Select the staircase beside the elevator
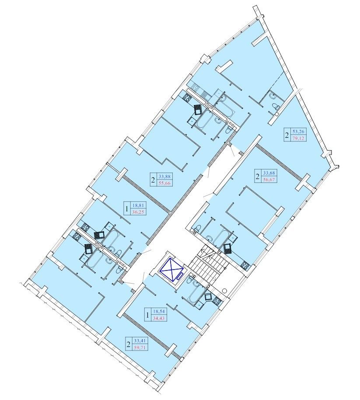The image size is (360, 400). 209,265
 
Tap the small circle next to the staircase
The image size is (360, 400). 225,290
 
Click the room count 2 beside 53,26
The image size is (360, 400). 287,135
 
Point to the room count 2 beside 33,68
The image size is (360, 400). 258,176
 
